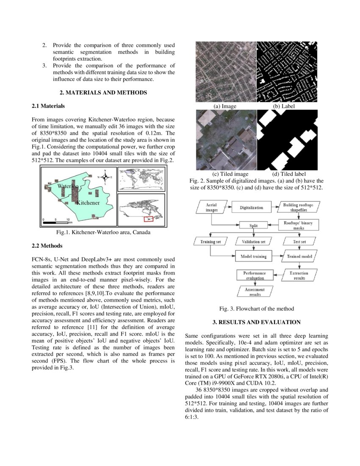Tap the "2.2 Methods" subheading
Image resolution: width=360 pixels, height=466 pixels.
[x=47, y=245]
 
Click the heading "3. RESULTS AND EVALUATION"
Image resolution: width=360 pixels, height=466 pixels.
[x=257, y=322]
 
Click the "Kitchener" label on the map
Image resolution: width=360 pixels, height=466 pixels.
[x=88, y=203]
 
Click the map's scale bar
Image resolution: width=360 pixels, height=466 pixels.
[x=56, y=222]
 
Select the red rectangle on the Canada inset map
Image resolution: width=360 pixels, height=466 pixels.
[x=148, y=219]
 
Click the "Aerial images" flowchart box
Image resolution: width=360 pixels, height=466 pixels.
[x=211, y=208]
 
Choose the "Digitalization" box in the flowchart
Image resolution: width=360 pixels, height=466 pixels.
[x=251, y=208]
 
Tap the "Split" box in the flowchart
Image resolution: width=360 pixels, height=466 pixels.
[x=253, y=225]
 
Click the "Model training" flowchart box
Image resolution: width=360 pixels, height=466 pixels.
[x=253, y=256]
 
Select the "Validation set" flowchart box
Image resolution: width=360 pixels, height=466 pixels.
[x=253, y=242]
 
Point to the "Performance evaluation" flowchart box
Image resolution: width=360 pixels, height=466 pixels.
[x=254, y=276]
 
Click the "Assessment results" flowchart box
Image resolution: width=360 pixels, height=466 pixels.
[x=254, y=292]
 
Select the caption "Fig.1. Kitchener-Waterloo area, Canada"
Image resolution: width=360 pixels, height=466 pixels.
[x=103, y=232]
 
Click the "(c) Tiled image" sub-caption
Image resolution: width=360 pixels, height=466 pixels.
[x=230, y=174]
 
